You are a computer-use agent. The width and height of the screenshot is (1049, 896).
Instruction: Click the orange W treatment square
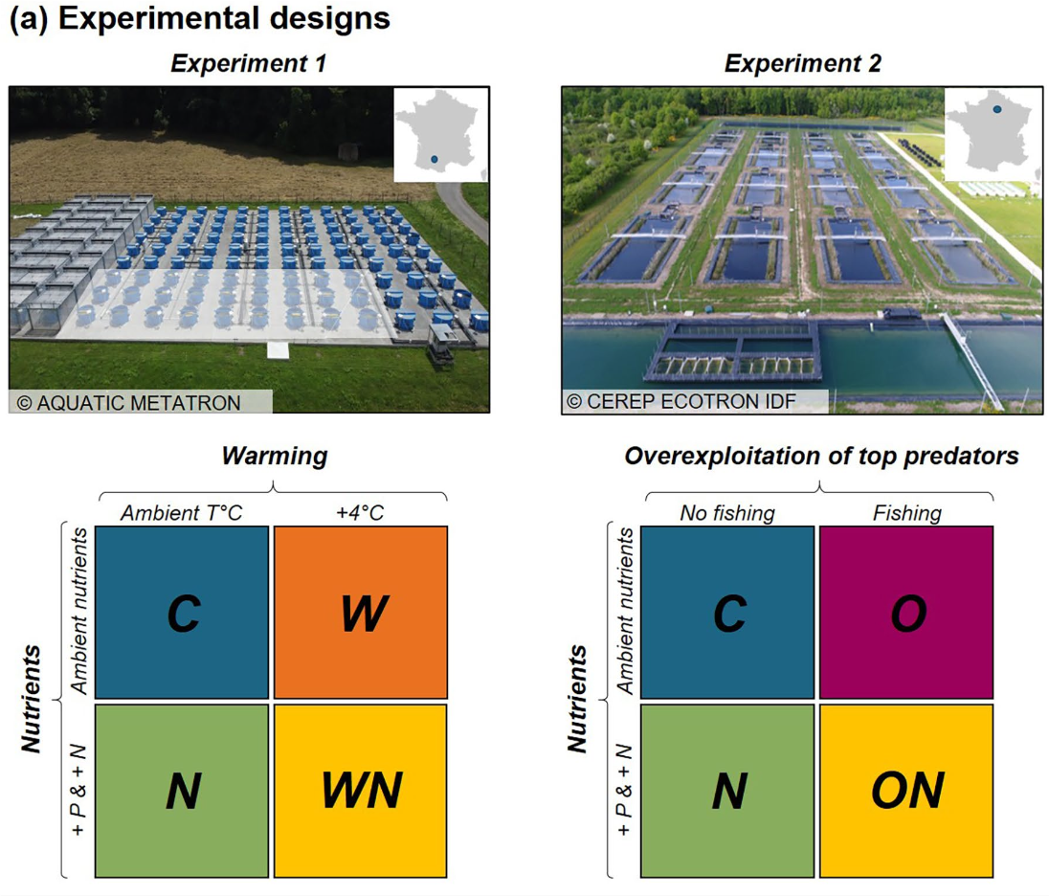[x=361, y=612]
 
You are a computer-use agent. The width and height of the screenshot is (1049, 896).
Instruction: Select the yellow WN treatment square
[x=361, y=791]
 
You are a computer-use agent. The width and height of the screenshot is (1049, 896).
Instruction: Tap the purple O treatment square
[x=906, y=612]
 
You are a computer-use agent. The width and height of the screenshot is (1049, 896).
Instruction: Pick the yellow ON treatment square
[x=906, y=791]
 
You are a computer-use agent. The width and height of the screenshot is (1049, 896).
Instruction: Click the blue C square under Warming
[x=183, y=612]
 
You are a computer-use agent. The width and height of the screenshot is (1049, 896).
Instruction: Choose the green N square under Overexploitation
[x=728, y=791]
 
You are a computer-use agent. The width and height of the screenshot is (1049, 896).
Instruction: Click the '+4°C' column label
[x=361, y=512]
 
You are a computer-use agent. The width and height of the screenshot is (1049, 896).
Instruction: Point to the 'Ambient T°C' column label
[x=181, y=512]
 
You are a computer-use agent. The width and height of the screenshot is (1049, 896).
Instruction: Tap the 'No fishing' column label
[x=727, y=512]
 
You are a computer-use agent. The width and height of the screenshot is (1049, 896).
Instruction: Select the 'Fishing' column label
[x=906, y=512]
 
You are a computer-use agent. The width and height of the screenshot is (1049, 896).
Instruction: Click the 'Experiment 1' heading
[x=249, y=64]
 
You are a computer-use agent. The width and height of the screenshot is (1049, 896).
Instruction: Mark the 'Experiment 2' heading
[x=802, y=64]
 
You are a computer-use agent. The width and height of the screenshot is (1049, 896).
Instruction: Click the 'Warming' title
[x=274, y=457]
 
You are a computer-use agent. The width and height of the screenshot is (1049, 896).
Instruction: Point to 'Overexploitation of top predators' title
[x=821, y=457]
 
